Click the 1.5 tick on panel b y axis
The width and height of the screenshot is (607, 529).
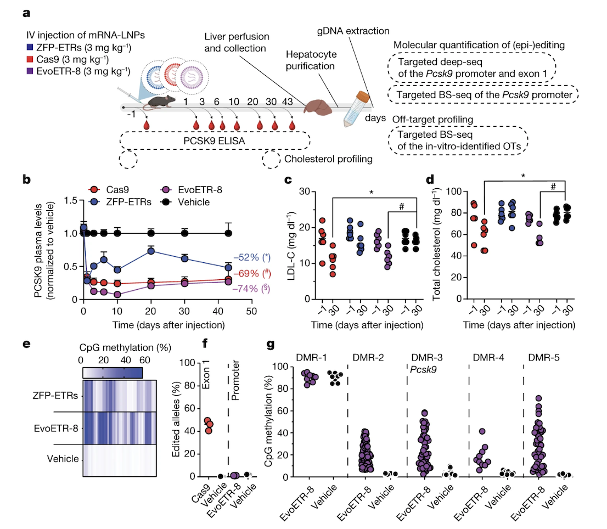71,201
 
